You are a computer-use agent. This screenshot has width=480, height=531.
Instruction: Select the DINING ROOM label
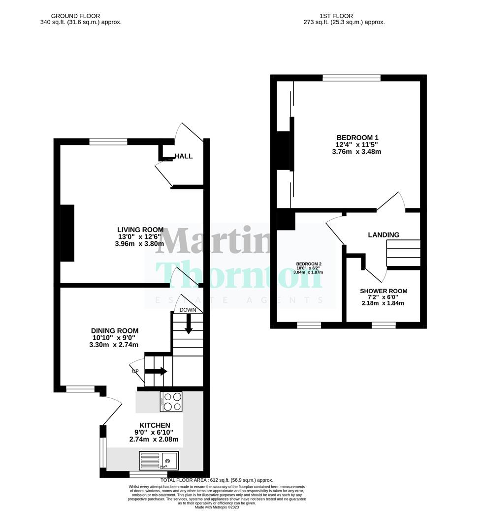pos(114,331)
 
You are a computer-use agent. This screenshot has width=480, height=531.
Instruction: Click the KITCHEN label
pos(155,425)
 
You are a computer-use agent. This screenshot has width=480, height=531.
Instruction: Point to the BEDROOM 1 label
pos(357,138)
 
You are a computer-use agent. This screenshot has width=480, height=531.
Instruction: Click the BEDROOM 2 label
pos(308,264)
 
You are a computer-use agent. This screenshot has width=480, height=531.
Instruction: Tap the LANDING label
pos(384,235)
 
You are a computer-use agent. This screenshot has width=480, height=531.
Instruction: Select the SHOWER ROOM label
pos(384,291)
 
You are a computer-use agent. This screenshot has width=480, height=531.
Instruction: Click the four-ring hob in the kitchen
pos(171,402)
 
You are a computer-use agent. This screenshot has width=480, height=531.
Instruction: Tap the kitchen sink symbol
pos(160,461)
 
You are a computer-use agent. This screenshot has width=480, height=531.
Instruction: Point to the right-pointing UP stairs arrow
pos(156,371)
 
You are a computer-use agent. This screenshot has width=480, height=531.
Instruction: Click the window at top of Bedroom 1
pos(352,78)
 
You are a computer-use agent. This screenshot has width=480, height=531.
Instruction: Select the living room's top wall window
pos(108,142)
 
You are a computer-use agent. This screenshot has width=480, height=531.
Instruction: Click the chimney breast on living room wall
pos(67,233)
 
